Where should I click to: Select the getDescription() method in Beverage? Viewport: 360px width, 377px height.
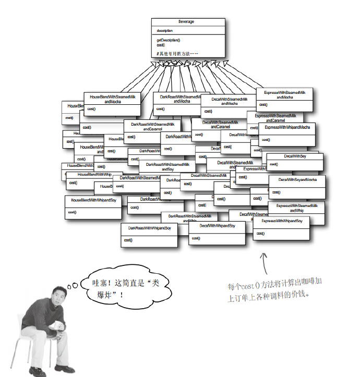169,40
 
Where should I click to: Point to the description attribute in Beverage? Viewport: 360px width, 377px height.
165,31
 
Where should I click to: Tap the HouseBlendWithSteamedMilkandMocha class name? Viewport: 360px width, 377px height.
112,99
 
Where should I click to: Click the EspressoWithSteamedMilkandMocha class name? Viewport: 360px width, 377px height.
284,94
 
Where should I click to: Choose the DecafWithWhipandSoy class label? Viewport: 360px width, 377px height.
217,226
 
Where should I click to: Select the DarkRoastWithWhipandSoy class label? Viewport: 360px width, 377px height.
149,228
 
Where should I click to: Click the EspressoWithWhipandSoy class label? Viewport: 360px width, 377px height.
281,221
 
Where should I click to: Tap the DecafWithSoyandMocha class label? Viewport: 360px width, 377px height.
297,180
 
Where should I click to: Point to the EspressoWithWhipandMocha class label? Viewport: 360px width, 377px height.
287,127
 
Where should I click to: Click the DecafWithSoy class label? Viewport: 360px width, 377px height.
295,156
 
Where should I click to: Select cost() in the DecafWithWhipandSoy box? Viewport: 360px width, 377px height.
196,238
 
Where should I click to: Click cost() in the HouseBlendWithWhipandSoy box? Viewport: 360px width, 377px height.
72,212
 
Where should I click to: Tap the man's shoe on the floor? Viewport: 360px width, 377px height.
62,369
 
